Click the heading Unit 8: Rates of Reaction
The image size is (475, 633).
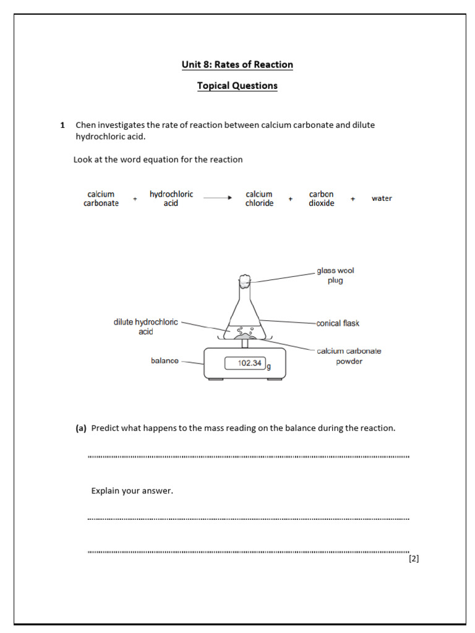237,65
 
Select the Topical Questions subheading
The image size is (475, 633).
237,86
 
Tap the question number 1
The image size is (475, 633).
62,125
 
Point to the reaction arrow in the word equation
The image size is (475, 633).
217,198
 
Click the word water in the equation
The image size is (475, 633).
382,198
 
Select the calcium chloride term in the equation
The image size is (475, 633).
259,198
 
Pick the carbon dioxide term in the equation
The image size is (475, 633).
321,198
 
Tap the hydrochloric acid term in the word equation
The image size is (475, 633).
171,198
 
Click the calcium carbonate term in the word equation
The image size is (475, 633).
101,198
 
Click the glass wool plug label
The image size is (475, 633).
335,276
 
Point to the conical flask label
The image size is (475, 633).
337,323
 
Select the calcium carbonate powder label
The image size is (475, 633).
349,356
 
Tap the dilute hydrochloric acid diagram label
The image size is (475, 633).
145,327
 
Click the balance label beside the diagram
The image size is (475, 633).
165,360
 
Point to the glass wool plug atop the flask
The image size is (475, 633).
245,281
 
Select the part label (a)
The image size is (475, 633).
81,428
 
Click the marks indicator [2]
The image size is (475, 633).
414,559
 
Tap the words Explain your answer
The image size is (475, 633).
132,491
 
